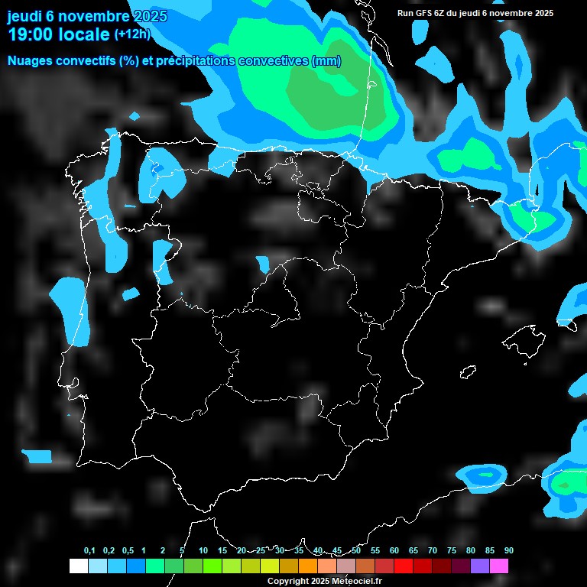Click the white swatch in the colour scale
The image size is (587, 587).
tap(78, 566)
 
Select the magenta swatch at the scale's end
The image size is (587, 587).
tap(499, 566)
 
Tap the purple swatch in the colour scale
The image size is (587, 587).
tap(480, 566)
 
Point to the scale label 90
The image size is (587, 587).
tap(509, 550)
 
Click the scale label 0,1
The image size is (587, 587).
tap(89, 550)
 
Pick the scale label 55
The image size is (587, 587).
tap(375, 550)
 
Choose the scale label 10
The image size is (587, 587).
tap(203, 550)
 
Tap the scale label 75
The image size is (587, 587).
tap(452, 550)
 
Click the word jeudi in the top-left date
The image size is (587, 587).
tap(25, 16)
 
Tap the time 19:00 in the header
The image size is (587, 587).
tap(31, 34)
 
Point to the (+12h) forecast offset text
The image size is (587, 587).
tap(132, 34)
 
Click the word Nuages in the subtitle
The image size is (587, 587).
tap(31, 61)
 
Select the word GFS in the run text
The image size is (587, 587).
tap(424, 13)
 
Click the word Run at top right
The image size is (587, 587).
tap(406, 13)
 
